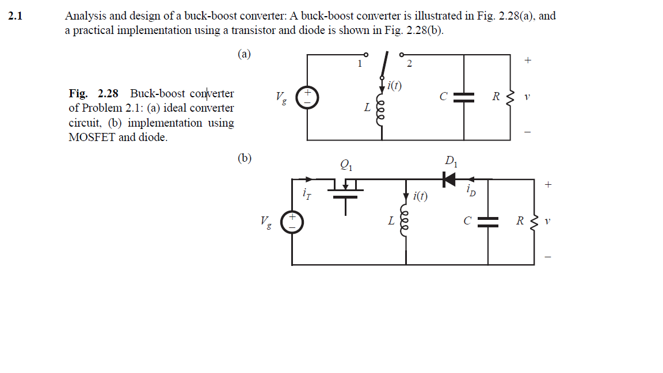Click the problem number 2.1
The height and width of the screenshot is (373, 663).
(15, 16)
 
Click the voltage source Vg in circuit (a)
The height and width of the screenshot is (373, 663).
(307, 97)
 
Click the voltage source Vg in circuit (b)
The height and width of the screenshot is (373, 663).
(292, 222)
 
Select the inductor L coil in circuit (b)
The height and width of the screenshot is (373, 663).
(406, 223)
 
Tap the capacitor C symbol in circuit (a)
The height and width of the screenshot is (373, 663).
(463, 97)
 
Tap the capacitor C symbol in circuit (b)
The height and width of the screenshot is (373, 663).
(488, 222)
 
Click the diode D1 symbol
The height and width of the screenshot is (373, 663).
(449, 179)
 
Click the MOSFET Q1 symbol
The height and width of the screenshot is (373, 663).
(345, 190)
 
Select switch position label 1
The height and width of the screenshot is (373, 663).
(360, 64)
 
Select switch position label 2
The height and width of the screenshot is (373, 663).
(409, 64)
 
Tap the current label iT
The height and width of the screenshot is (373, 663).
(307, 195)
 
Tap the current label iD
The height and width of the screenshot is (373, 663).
(471, 191)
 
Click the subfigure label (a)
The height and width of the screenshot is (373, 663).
(244, 54)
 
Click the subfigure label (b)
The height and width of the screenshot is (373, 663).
(244, 158)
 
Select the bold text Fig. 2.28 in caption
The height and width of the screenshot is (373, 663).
(93, 93)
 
